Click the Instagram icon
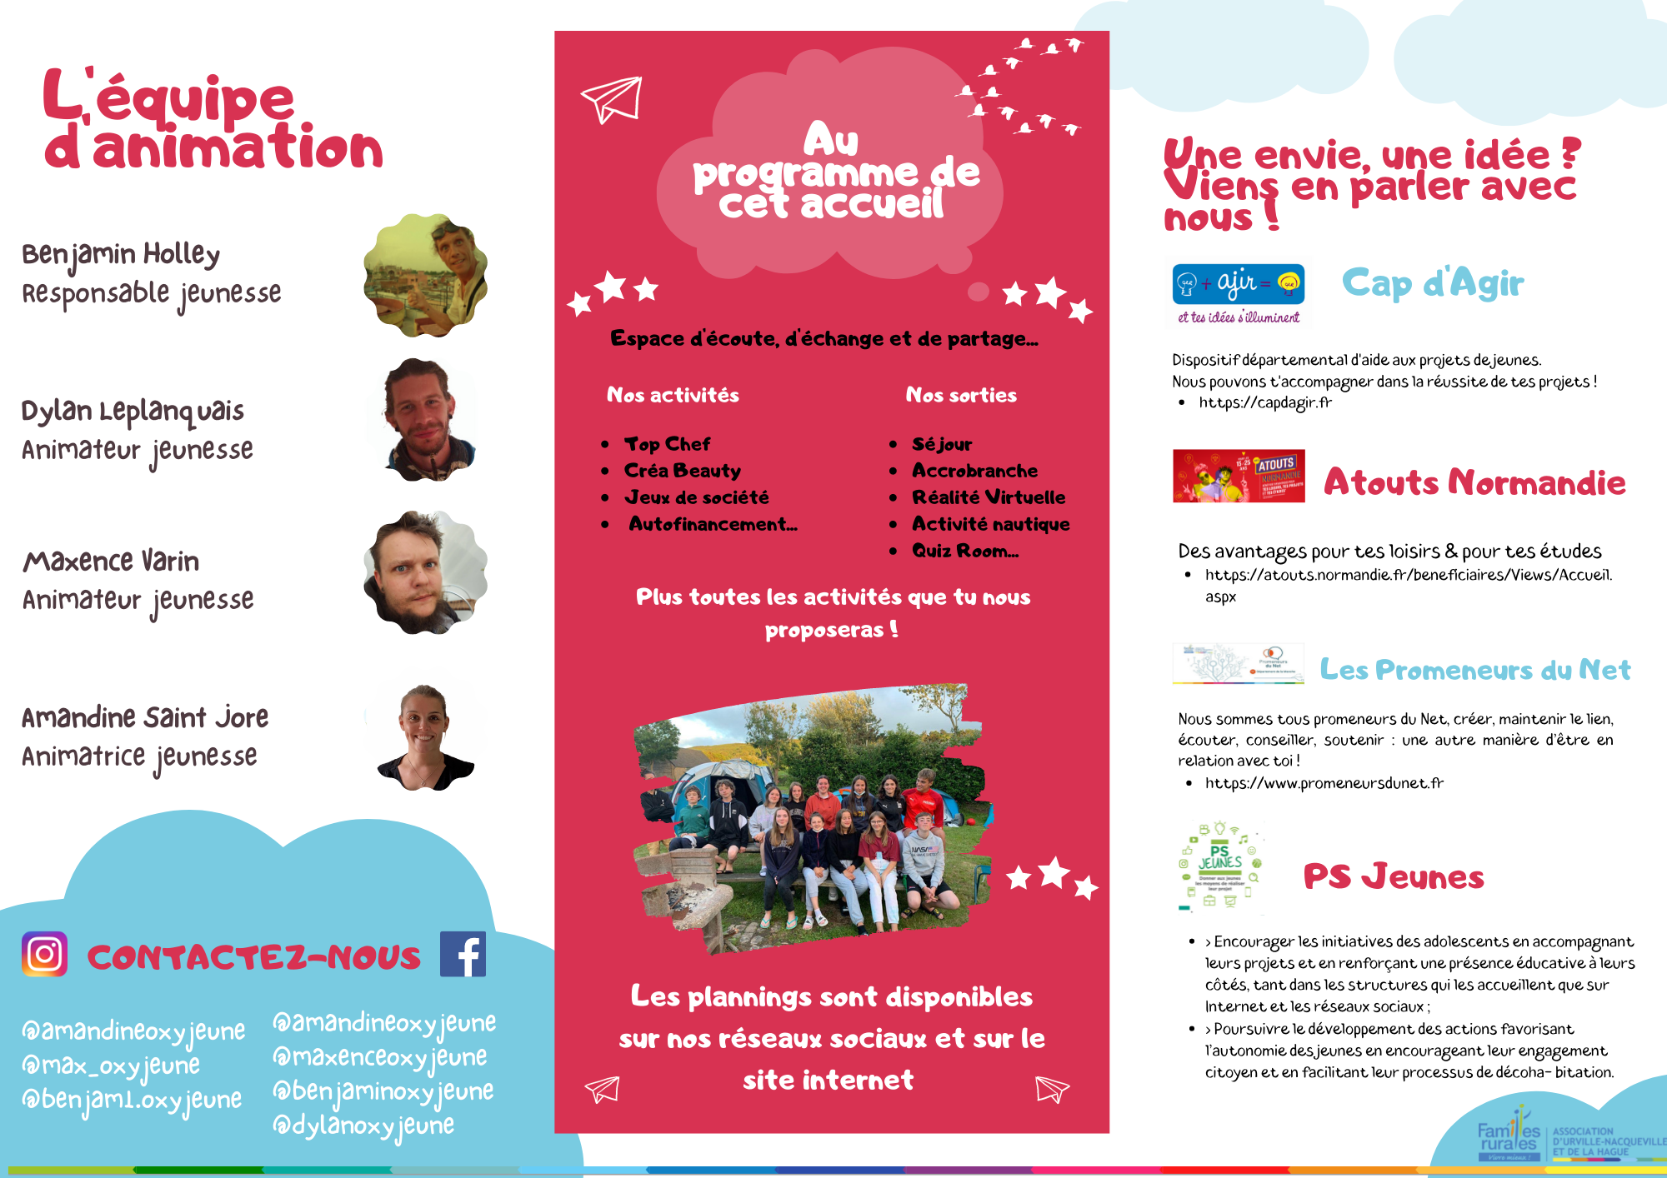point(44,954)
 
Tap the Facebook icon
point(463,954)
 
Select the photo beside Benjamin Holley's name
point(426,276)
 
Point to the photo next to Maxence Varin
point(426,572)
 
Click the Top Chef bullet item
point(667,444)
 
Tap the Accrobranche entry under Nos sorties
point(974,471)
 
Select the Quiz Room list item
point(964,551)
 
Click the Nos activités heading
point(673,395)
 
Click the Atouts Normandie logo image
point(1239,476)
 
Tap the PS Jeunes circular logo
point(1220,866)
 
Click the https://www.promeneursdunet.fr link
point(1324,783)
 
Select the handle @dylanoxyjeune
point(363,1126)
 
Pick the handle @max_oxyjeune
point(111,1066)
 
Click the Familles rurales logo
point(1509,1135)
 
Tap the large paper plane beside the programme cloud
point(613,100)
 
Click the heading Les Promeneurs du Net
point(1474,670)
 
